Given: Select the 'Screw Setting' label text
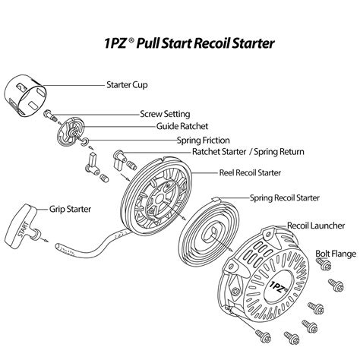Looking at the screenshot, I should tap(166, 114).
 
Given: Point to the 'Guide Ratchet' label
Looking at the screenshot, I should tap(182, 126).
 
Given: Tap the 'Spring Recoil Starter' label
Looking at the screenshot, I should tap(285, 198).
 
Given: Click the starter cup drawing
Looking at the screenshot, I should tap(27, 97).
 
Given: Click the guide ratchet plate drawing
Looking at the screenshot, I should tap(71, 129).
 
